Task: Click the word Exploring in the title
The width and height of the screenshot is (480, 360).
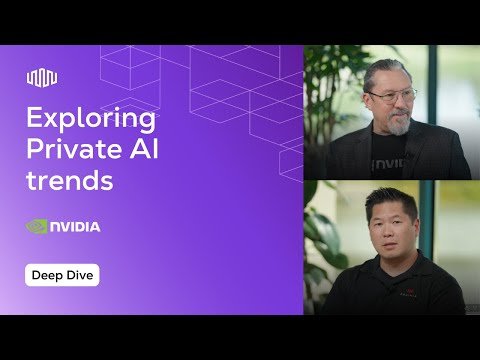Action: click(x=91, y=120)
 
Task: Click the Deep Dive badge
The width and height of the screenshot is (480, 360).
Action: click(x=62, y=275)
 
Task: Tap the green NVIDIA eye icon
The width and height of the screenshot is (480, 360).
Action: click(x=37, y=227)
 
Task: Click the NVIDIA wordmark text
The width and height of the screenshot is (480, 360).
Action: click(x=76, y=227)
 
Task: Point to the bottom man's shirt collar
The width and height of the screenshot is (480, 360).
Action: click(x=392, y=268)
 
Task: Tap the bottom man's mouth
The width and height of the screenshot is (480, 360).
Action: click(x=392, y=245)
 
